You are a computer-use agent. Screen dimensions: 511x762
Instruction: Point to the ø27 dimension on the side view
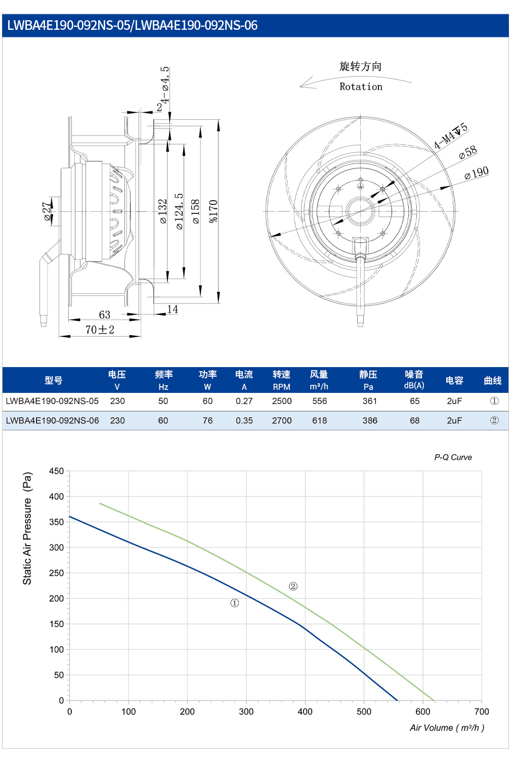pos(47,211)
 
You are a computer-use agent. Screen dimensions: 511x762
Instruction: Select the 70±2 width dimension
pos(100,330)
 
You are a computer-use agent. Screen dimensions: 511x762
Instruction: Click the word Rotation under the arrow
pos(361,87)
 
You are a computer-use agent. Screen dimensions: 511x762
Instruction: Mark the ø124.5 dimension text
pos(179,211)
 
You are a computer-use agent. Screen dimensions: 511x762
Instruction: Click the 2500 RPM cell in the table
pos(281,401)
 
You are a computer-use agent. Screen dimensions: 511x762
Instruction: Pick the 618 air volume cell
pos(319,421)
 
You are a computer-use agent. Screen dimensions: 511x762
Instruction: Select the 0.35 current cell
pos(244,421)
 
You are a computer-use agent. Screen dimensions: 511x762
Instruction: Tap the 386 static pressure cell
pos(370,421)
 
